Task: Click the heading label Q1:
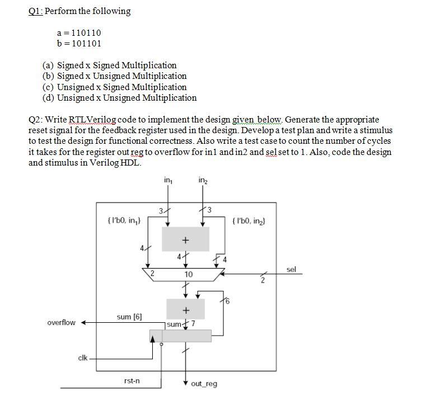click(x=36, y=11)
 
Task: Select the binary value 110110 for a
click(x=82, y=33)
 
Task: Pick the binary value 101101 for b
click(x=82, y=43)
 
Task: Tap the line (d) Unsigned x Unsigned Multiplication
click(x=120, y=98)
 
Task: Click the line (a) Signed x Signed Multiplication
click(x=110, y=65)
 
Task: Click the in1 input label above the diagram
click(x=168, y=180)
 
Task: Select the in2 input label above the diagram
click(x=202, y=180)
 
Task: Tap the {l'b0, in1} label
click(x=123, y=221)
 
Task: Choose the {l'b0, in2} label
click(x=248, y=221)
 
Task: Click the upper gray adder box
click(x=185, y=239)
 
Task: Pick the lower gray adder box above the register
click(x=185, y=309)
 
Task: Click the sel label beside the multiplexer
click(x=291, y=270)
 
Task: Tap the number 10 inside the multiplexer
click(x=189, y=275)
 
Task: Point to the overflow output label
click(x=62, y=323)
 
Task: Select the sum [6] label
click(x=129, y=317)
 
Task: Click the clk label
click(x=84, y=357)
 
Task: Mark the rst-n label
click(x=132, y=381)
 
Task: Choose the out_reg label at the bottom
click(x=204, y=384)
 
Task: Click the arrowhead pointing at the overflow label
click(x=83, y=323)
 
